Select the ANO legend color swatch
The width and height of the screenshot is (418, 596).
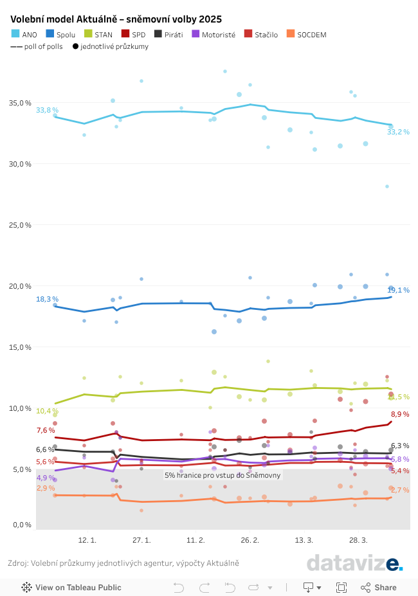(x=15, y=34)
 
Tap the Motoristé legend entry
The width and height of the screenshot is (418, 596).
(x=214, y=34)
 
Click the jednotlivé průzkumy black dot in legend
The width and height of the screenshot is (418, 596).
(x=75, y=47)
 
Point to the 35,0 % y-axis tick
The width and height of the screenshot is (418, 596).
(x=21, y=103)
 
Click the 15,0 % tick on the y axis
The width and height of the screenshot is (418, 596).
(x=21, y=347)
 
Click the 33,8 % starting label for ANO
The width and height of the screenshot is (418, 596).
(x=46, y=111)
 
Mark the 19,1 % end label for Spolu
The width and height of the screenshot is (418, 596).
(x=398, y=290)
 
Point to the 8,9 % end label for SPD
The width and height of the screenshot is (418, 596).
(x=400, y=414)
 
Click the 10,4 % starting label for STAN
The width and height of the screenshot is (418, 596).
(x=46, y=411)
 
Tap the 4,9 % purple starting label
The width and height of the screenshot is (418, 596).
(x=46, y=478)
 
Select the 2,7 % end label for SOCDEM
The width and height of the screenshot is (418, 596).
(x=399, y=490)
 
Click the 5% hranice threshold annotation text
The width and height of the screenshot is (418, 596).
(x=223, y=475)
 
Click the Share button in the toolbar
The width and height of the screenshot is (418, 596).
(x=379, y=587)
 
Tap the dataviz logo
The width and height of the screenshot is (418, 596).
(x=354, y=563)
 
